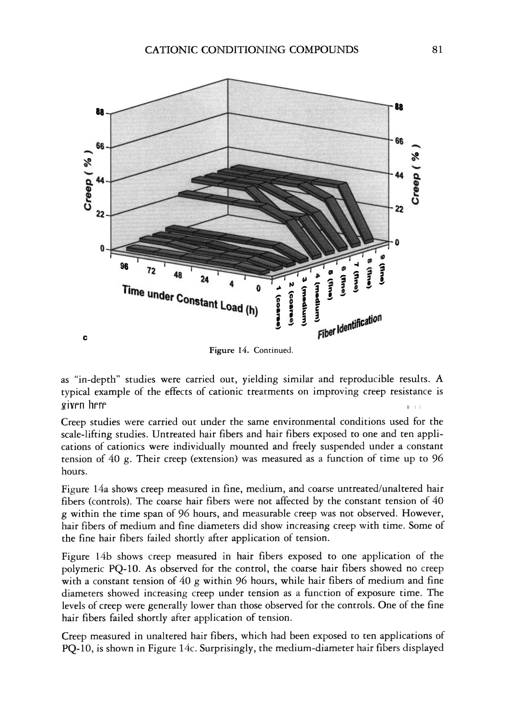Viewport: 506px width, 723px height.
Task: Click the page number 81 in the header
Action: (x=437, y=50)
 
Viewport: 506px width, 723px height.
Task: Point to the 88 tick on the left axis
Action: (x=100, y=112)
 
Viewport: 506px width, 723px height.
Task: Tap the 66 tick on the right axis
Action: (x=399, y=141)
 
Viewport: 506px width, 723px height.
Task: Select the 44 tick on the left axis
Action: (x=100, y=181)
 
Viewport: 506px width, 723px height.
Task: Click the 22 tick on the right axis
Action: (x=399, y=210)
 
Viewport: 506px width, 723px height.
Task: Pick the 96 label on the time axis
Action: (x=124, y=267)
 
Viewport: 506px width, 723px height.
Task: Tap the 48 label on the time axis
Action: (x=178, y=275)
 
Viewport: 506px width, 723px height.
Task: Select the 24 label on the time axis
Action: (x=205, y=280)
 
